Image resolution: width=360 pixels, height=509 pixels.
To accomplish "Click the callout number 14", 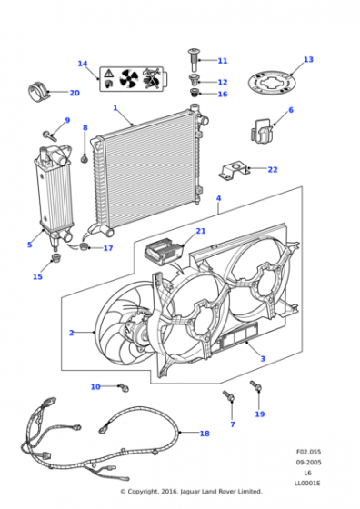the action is (x=83, y=64).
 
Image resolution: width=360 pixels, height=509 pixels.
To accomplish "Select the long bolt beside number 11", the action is (x=194, y=60).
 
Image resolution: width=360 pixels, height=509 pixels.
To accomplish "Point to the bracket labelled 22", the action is (x=234, y=171).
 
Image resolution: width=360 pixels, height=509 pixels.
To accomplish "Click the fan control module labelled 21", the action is (x=163, y=251).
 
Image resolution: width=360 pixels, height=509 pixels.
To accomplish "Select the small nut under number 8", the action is (x=85, y=159).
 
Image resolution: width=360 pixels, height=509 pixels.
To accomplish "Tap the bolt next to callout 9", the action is (x=50, y=135).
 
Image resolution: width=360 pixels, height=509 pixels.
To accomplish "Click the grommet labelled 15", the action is (x=56, y=259).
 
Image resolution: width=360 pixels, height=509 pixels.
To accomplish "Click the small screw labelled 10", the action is (x=125, y=387).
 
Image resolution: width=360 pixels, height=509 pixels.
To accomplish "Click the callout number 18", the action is (x=205, y=434).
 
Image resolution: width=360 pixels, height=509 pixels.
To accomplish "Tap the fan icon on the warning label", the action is (x=129, y=78).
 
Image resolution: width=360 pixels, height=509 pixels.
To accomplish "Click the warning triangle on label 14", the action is (x=109, y=73).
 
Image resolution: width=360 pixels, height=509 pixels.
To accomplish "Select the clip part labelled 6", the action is (x=261, y=131).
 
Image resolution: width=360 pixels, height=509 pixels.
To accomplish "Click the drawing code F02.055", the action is (x=308, y=452).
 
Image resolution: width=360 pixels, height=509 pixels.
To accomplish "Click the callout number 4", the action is (x=219, y=198).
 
